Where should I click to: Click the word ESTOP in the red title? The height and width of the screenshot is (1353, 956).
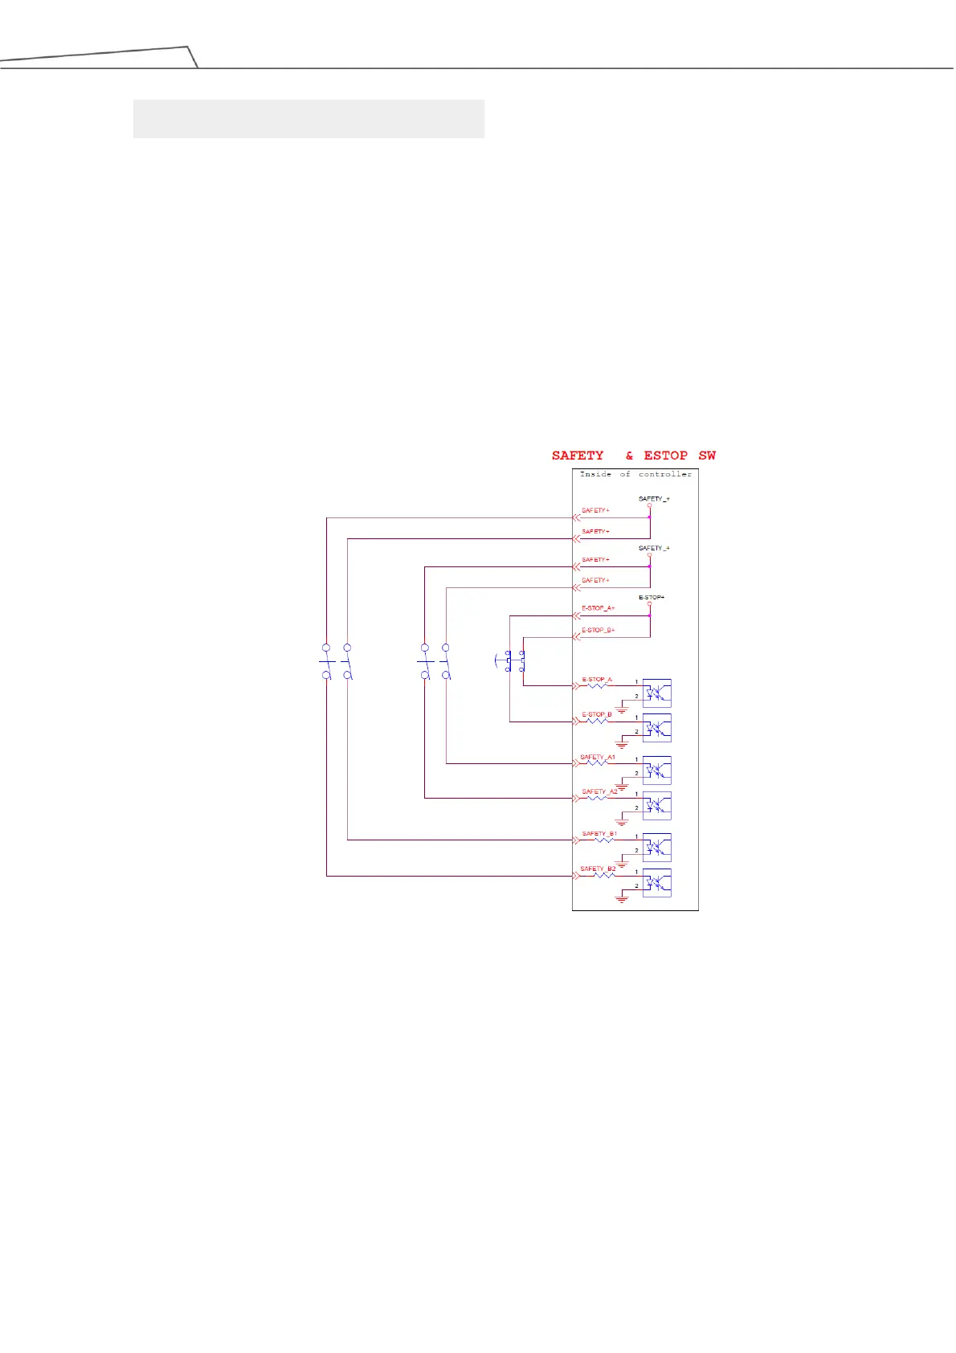tap(665, 456)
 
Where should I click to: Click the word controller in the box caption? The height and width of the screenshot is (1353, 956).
tap(664, 474)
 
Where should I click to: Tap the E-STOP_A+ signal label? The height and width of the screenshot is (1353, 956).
tap(598, 608)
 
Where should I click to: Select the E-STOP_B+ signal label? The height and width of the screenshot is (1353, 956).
tap(598, 630)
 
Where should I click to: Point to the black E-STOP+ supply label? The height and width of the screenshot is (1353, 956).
tap(652, 598)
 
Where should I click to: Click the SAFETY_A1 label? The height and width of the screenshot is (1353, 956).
tap(597, 757)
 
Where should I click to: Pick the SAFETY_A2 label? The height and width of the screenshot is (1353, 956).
tap(599, 791)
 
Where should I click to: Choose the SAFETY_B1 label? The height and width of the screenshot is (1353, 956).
tap(599, 834)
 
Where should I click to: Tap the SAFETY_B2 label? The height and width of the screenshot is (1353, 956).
tap(598, 869)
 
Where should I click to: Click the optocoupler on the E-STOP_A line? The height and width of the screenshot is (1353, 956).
tap(657, 693)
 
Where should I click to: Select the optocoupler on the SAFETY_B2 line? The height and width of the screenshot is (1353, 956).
tap(657, 883)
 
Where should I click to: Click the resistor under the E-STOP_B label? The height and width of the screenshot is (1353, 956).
tap(598, 721)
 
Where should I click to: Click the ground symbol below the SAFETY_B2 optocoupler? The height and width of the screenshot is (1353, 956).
tap(621, 899)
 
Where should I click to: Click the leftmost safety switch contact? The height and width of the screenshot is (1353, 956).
tap(326, 661)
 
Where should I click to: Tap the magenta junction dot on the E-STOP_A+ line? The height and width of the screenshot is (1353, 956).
tap(650, 615)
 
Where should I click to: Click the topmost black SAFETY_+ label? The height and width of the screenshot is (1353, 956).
tap(654, 499)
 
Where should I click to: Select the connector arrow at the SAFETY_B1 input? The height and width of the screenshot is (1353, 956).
tap(576, 840)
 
